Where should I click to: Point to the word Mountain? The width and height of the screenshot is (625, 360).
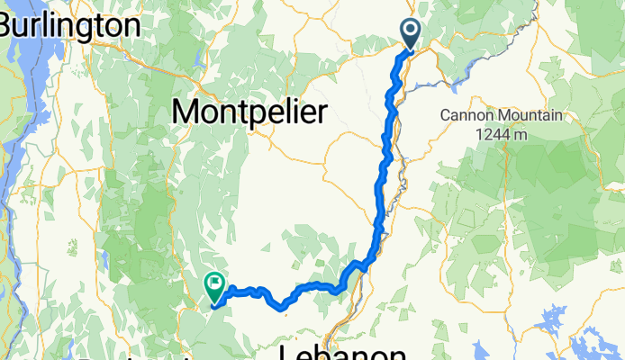click(x=528, y=116)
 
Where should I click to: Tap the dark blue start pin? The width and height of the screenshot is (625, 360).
click(x=410, y=34)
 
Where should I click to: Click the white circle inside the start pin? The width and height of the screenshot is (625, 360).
click(x=410, y=31)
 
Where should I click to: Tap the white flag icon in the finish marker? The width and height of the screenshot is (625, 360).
click(x=216, y=283)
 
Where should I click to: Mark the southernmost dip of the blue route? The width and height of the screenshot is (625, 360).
click(x=284, y=308)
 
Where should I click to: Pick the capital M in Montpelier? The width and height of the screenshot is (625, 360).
click(x=185, y=112)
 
